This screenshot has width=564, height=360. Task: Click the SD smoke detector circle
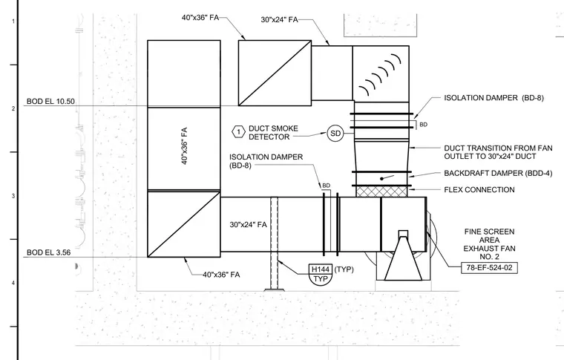(335, 134)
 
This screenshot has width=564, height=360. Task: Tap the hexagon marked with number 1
(238, 132)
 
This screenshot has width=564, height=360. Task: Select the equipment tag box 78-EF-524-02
(489, 267)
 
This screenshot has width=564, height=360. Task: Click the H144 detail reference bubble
(320, 275)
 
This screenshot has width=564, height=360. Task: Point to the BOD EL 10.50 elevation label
(50, 102)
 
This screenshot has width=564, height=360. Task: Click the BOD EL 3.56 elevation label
(48, 252)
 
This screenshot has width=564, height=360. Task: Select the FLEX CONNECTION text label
(479, 189)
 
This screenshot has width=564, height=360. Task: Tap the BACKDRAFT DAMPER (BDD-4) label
(498, 173)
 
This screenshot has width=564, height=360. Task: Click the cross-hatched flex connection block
(381, 192)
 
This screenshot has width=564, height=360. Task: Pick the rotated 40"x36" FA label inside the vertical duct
(184, 145)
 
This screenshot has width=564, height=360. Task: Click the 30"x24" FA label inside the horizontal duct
(248, 225)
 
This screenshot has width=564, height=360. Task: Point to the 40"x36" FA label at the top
(200, 17)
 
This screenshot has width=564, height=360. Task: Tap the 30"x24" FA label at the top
(280, 19)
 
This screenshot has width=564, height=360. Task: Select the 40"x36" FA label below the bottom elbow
(221, 275)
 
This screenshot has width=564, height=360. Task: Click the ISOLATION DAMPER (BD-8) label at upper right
(493, 98)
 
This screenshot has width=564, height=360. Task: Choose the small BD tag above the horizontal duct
(326, 186)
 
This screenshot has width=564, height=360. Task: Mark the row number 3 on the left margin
(13, 196)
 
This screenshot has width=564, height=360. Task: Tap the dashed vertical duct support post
(274, 243)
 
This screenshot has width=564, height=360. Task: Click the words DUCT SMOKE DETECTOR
(273, 133)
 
